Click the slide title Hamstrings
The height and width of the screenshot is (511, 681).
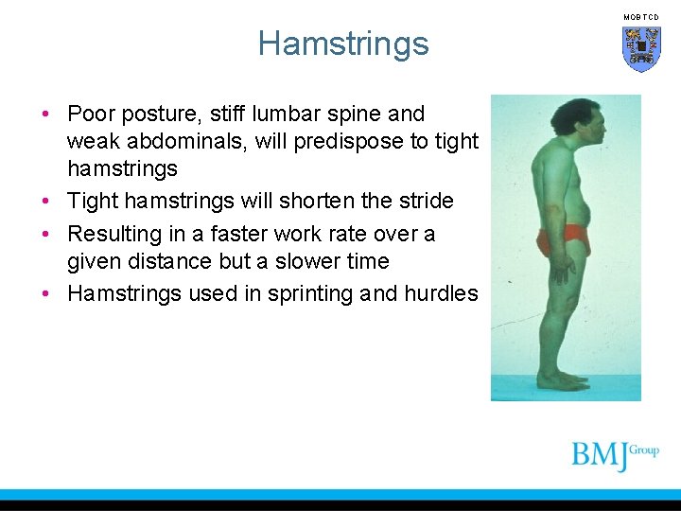[342, 44]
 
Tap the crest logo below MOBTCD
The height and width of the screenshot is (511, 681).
[641, 48]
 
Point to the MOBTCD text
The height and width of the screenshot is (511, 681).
[641, 17]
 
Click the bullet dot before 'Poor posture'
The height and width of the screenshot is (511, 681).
[45, 115]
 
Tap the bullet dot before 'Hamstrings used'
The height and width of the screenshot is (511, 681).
[45, 294]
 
